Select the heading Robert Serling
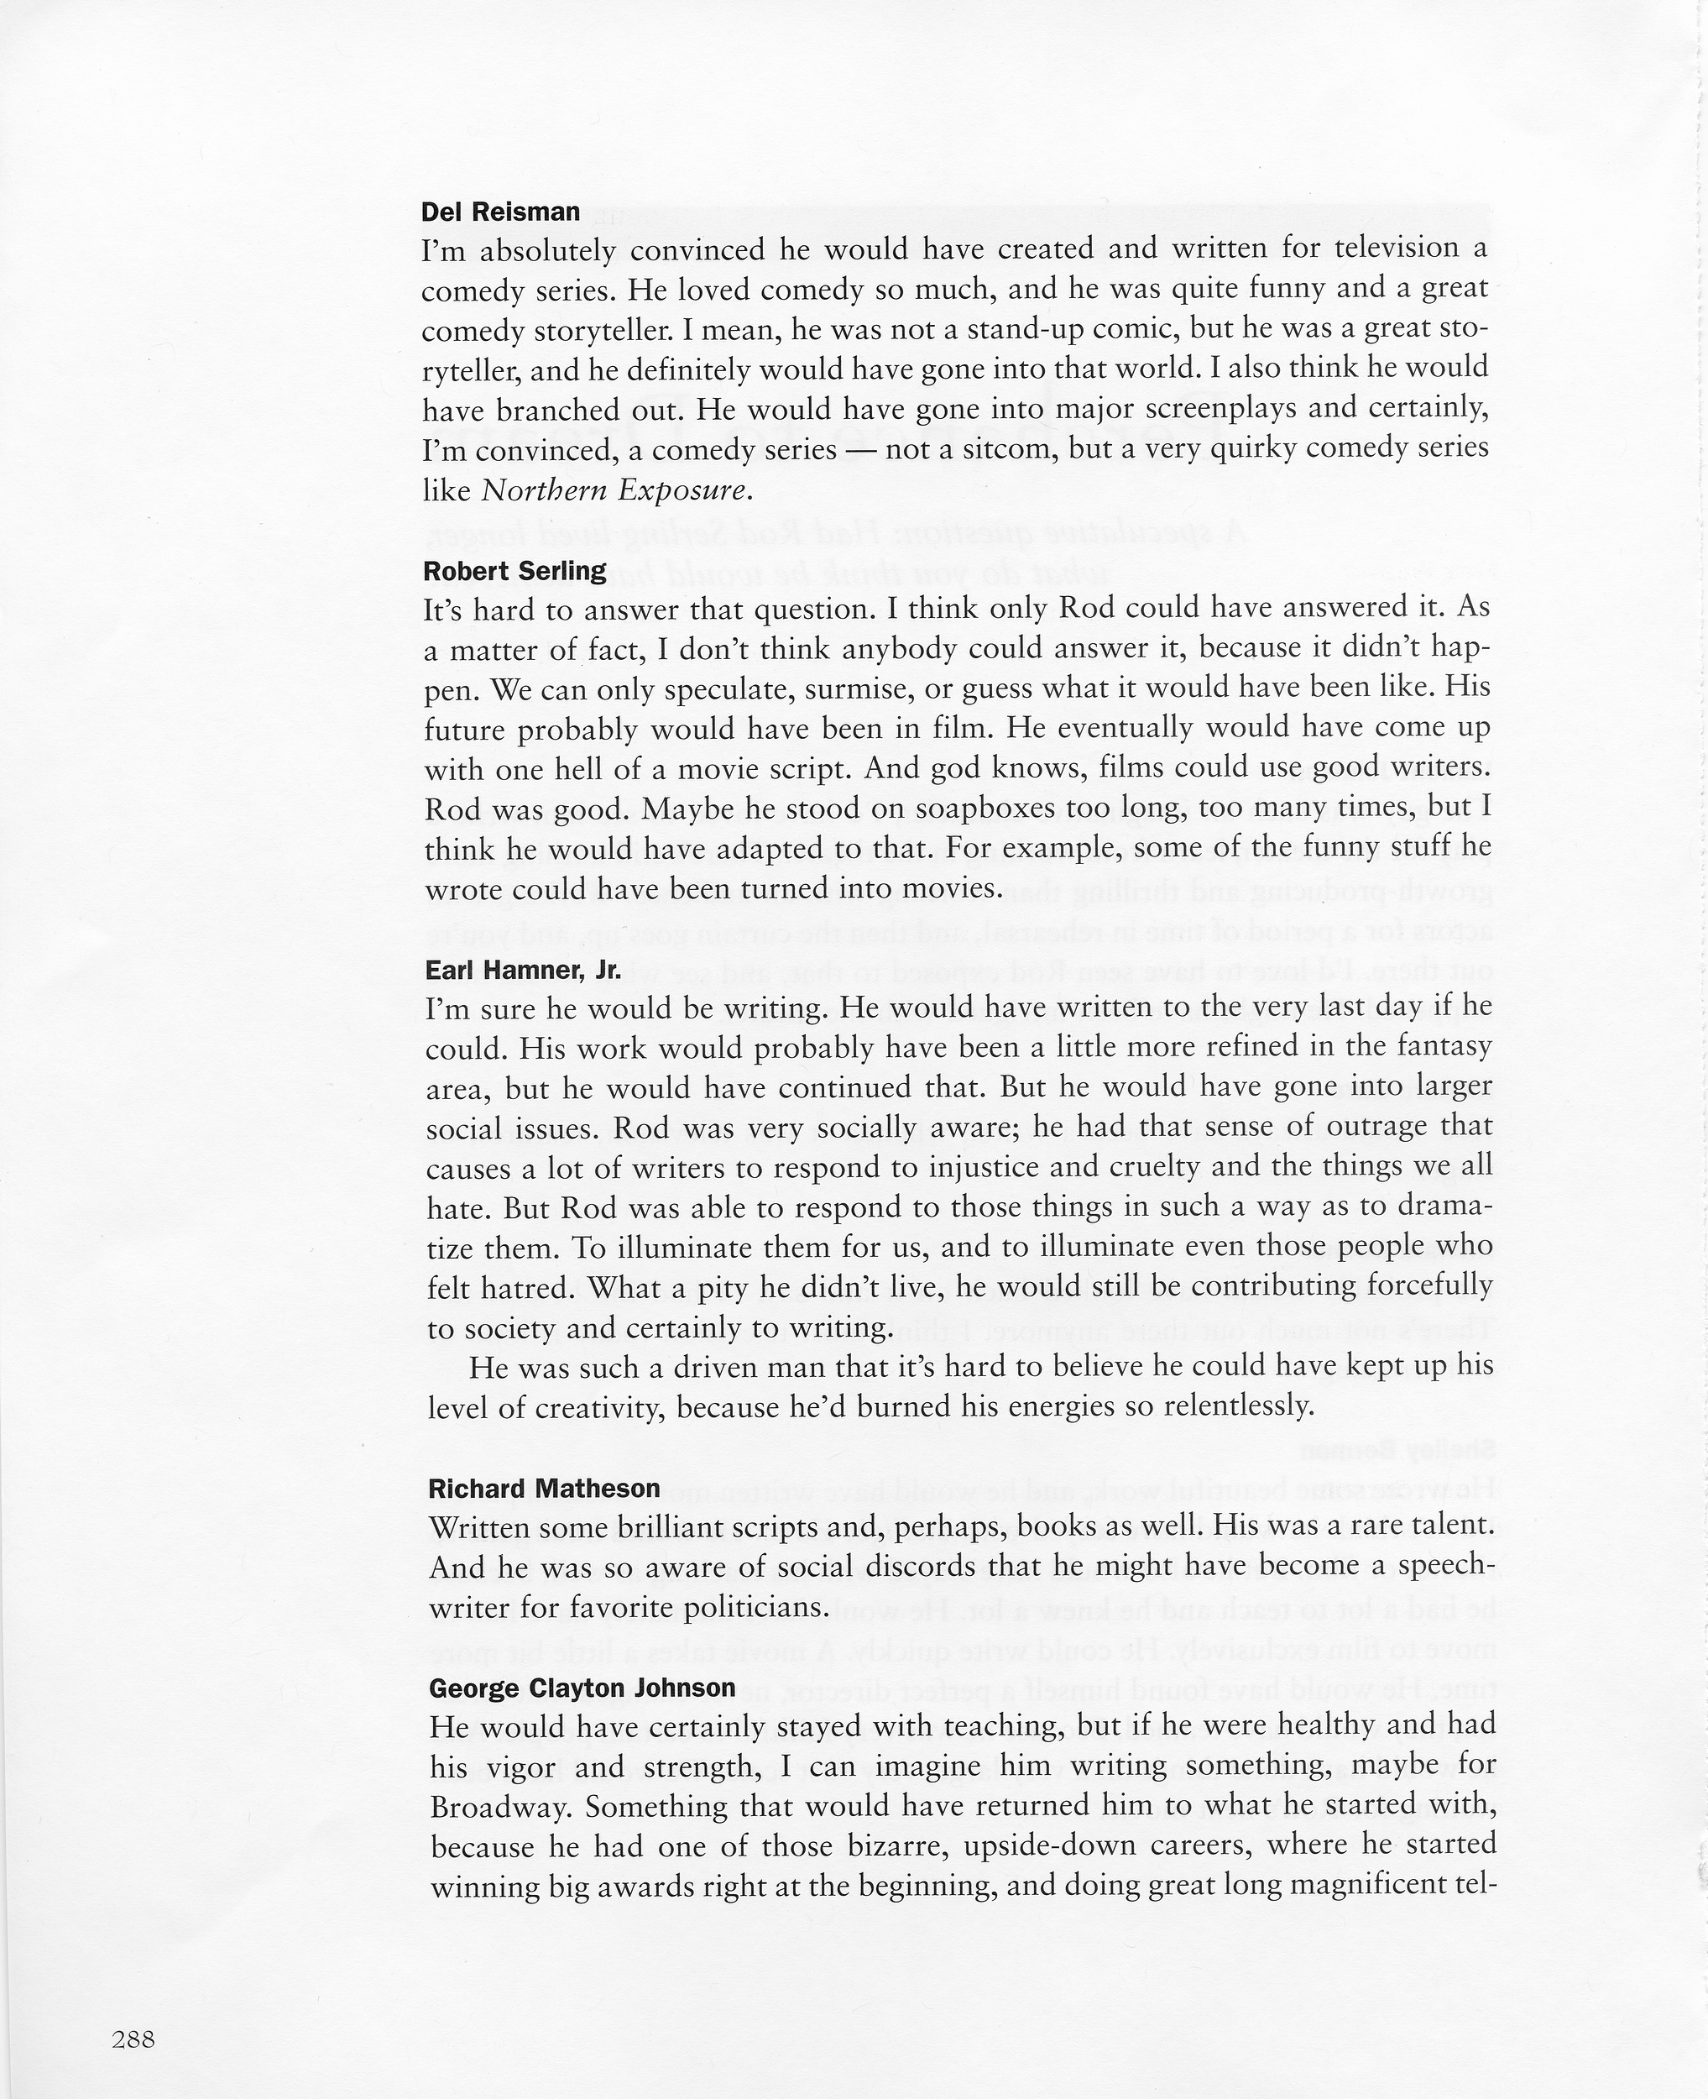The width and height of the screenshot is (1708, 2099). coord(514,572)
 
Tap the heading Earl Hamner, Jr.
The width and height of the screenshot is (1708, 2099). coord(522,971)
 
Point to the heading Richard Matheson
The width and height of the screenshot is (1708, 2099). coord(544,1488)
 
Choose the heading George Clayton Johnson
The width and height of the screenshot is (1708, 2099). coord(582,1688)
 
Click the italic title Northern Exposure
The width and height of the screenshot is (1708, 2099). coord(617,490)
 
